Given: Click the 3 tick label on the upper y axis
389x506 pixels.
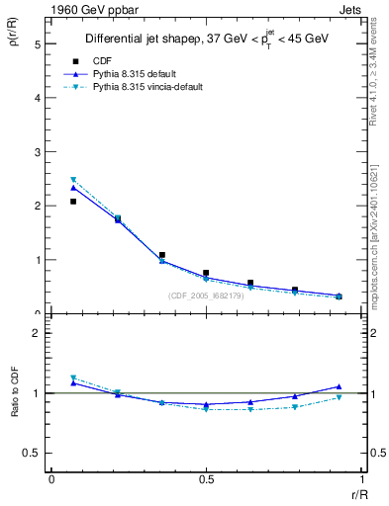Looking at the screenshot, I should click(x=39, y=152).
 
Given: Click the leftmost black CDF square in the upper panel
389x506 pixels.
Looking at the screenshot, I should click(x=73, y=202).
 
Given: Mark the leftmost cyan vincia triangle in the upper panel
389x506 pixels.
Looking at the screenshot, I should click(x=73, y=180).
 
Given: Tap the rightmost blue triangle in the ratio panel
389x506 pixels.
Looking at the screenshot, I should click(x=339, y=386).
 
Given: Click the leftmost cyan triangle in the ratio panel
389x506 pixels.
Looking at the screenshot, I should click(x=73, y=378).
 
